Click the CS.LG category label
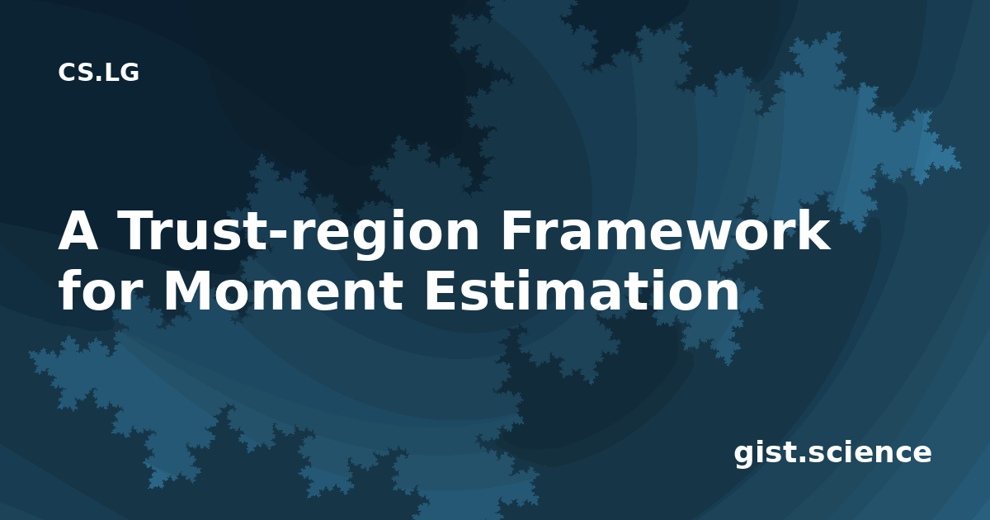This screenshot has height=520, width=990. pos(98,73)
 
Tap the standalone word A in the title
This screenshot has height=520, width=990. pos(78,230)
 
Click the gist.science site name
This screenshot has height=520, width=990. pos(832,454)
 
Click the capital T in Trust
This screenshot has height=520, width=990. pos(138,230)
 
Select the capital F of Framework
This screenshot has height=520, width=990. pos(516,230)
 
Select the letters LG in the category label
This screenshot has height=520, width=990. pos(122,73)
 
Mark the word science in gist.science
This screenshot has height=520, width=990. pos(870,452)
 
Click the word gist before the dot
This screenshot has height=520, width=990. pos(766,454)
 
